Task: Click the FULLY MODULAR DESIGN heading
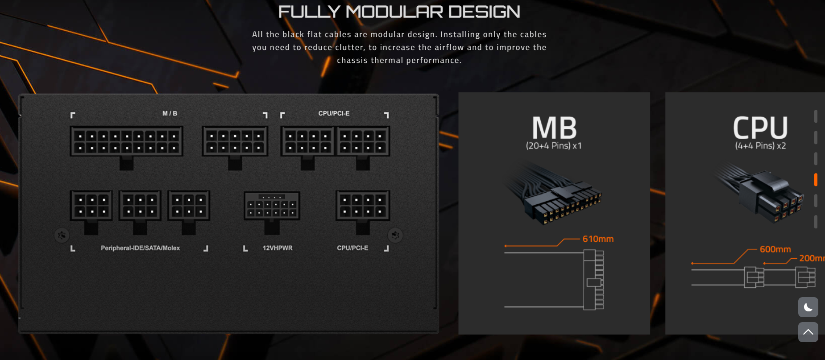coord(399,12)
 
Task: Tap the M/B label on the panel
coord(170,113)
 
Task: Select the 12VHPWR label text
coord(278,248)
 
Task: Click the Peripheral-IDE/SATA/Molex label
coord(140,248)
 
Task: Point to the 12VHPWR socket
coord(272,206)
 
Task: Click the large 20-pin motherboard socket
coord(126,141)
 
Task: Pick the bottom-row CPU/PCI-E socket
coord(363,206)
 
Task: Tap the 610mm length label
coord(598,239)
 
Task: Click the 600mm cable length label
coord(775,249)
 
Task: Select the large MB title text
coord(554,128)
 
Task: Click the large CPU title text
coord(760,128)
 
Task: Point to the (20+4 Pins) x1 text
coord(554,146)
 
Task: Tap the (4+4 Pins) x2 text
coord(760,146)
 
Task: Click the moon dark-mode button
coord(808,307)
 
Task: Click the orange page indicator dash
coord(816,179)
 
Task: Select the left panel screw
coord(62,235)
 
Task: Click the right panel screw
coord(395,235)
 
